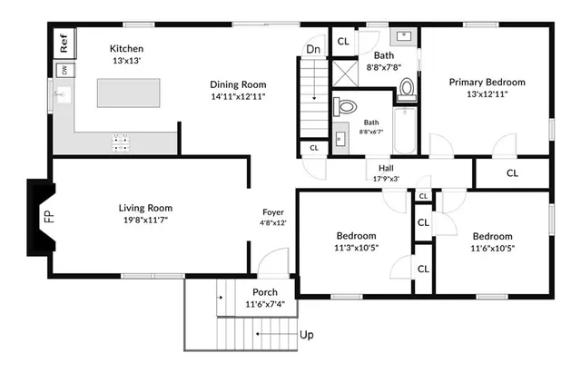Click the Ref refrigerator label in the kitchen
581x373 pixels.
[64, 41]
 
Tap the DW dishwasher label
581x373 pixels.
[64, 70]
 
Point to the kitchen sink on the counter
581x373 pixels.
[63, 94]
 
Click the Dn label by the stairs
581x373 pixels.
[312, 49]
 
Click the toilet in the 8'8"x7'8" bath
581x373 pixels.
[407, 88]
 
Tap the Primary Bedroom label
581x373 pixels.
[487, 82]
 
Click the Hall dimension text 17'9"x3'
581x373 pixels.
[385, 179]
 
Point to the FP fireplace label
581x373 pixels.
[49, 218]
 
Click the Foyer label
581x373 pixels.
[273, 211]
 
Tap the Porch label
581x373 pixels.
[264, 292]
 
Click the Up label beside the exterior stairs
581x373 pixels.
[307, 335]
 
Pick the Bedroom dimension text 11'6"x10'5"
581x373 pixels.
[493, 247]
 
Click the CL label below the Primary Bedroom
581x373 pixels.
[512, 172]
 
